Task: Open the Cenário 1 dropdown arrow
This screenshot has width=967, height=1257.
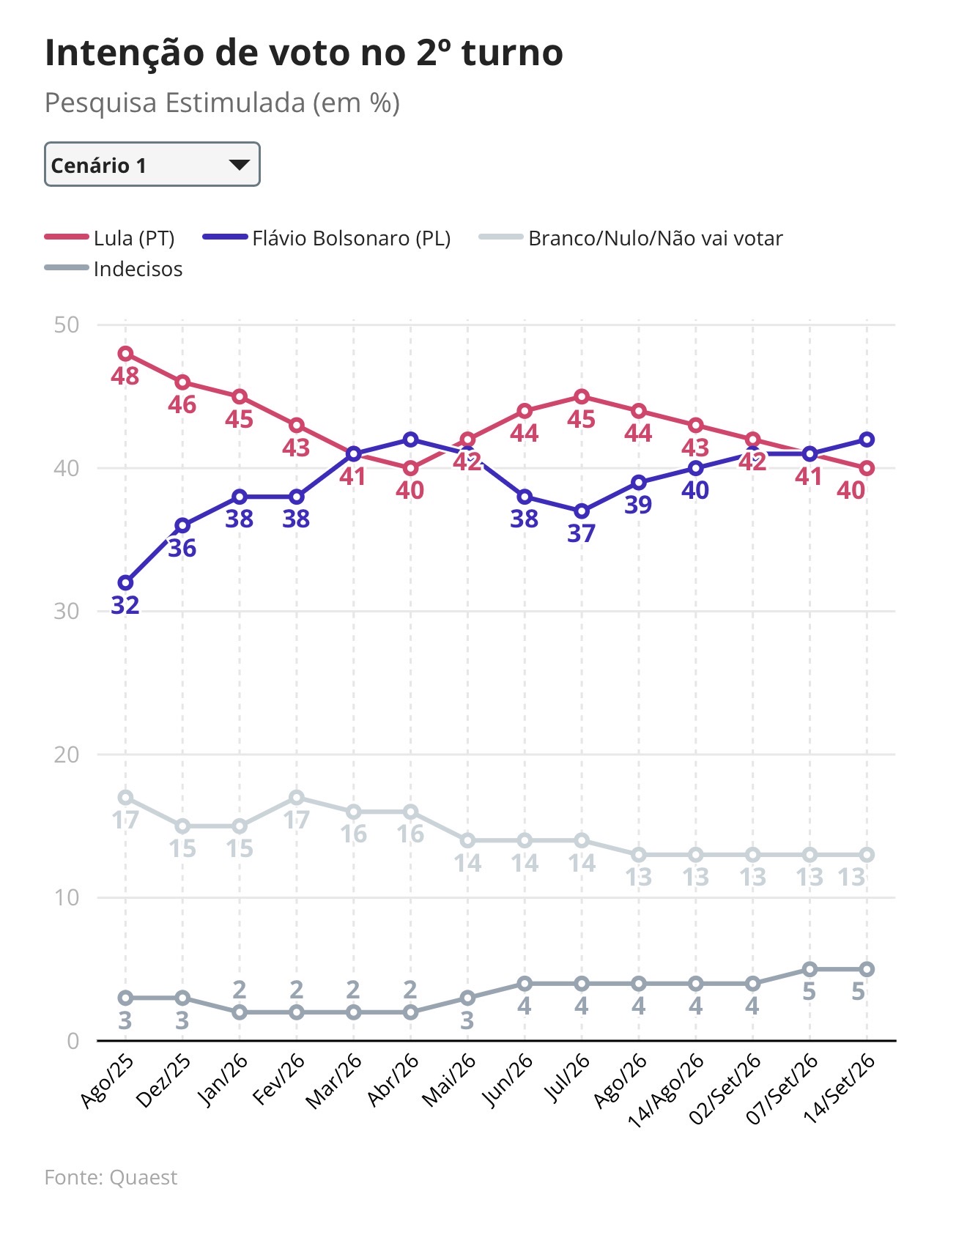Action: tap(239, 165)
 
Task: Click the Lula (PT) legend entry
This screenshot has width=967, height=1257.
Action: tap(110, 238)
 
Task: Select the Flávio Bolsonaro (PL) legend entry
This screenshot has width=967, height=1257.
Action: tap(327, 238)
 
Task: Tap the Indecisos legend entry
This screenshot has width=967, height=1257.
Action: tap(114, 269)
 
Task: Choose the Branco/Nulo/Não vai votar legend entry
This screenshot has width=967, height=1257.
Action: tap(631, 238)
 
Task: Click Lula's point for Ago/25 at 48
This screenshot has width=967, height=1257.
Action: tap(125, 354)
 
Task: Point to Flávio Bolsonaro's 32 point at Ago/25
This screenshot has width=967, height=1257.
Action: tap(125, 583)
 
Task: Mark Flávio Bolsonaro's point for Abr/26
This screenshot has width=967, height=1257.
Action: tap(410, 440)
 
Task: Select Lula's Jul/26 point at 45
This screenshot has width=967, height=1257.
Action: tap(582, 397)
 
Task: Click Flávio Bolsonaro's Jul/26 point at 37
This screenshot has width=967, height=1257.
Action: tap(582, 511)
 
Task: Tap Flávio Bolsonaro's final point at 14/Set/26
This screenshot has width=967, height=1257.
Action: tap(867, 440)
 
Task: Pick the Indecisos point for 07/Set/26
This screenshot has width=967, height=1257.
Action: tap(809, 969)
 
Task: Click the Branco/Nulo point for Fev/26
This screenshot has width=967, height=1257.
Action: tap(297, 797)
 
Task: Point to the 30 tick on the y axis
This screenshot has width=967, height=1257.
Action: tap(67, 611)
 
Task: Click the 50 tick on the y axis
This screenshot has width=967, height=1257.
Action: tap(67, 325)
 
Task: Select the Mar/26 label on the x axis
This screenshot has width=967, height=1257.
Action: tap(334, 1081)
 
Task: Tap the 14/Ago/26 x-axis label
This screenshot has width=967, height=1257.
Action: tap(666, 1090)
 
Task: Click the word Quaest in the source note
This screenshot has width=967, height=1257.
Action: tap(144, 1177)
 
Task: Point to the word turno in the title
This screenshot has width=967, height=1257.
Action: tap(512, 53)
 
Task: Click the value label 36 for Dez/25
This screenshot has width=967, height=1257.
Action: tap(182, 548)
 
